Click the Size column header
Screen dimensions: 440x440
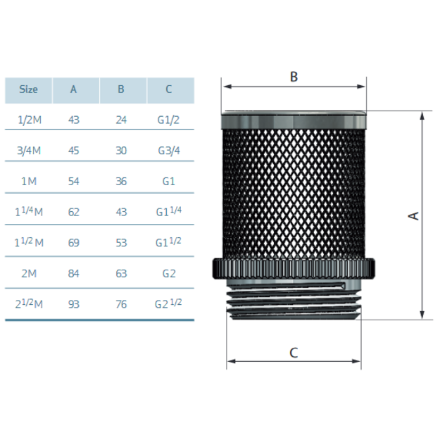point(28,89)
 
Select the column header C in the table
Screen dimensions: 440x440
point(169,89)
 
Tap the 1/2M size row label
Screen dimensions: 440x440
point(30,120)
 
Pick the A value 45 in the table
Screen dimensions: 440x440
point(74,151)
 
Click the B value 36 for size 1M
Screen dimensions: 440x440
point(121,181)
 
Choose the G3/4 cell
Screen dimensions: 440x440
point(169,151)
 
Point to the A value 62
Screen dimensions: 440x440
point(74,212)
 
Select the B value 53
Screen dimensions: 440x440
point(121,243)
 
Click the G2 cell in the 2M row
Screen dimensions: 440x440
point(169,273)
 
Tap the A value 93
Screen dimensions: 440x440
point(74,304)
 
